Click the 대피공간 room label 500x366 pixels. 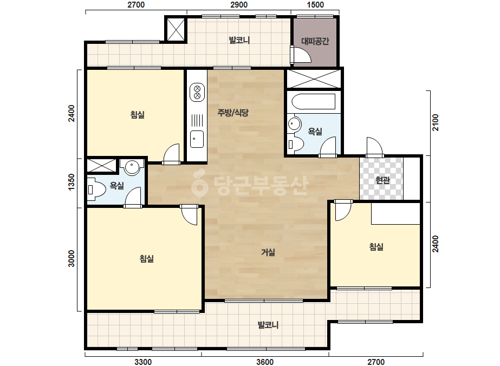point(315,41)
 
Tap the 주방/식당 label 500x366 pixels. point(233,112)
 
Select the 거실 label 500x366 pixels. point(268,252)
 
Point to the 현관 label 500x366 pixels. point(382,180)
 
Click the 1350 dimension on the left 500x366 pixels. point(72,182)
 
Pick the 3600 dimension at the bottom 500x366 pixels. point(265,362)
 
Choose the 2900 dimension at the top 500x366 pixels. point(239,5)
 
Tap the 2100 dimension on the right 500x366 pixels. point(436,122)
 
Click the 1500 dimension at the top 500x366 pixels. point(315,5)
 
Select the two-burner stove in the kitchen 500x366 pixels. point(197,92)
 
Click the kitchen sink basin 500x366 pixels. point(197,139)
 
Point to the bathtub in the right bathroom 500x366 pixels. point(314,102)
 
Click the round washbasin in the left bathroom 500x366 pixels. point(132,167)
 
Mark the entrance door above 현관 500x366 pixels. point(374,147)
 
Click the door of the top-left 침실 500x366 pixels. point(172,154)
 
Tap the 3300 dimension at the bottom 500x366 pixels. point(143,362)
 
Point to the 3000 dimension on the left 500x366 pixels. point(72,259)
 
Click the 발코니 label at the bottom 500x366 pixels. point(268,325)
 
